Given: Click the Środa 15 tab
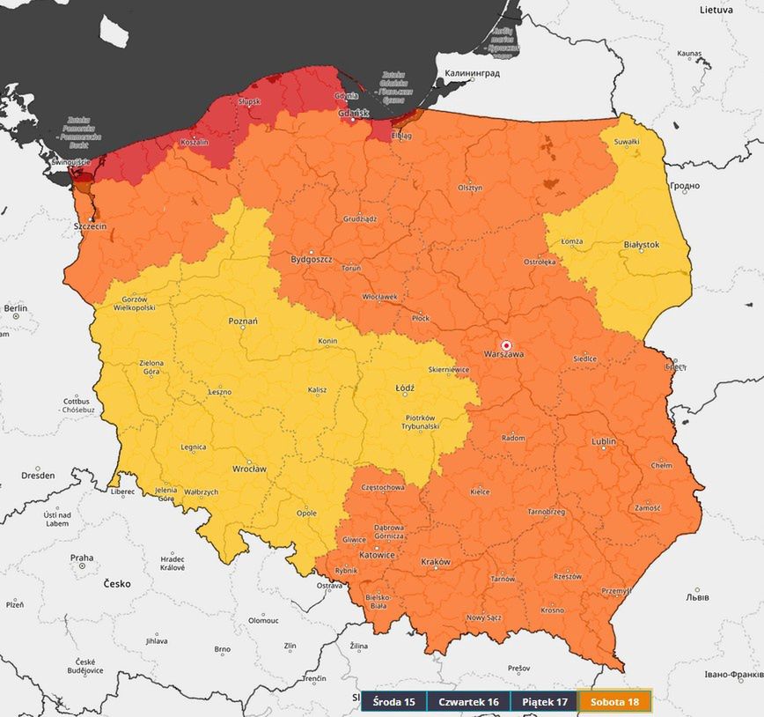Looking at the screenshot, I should tap(393, 702).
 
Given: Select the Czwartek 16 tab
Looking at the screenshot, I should tap(468, 702).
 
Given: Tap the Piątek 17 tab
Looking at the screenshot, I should tap(543, 702).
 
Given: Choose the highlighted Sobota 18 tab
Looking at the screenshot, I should tap(615, 702).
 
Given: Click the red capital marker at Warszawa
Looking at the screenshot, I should tap(505, 344).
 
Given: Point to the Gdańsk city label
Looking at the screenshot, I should tap(352, 114).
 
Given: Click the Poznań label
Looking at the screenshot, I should tap(243, 322).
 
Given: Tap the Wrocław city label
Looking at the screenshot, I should tap(249, 469).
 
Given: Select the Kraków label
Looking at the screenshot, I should tap(436, 562).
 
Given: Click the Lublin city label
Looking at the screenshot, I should tap(604, 441).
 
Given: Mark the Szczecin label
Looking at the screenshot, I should tap(91, 226).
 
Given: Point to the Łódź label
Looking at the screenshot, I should tap(405, 388).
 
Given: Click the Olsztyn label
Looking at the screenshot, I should tap(470, 188).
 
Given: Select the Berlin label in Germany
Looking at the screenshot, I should tap(16, 308).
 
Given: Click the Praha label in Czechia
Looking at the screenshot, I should tap(82, 558).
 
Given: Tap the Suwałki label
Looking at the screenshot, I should tap(627, 141).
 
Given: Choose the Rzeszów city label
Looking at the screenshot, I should tap(567, 577).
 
